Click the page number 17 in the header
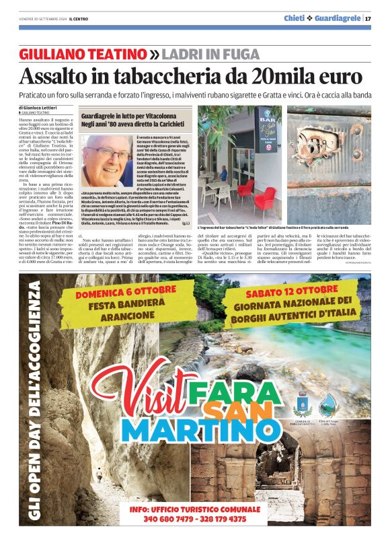(368, 18)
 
